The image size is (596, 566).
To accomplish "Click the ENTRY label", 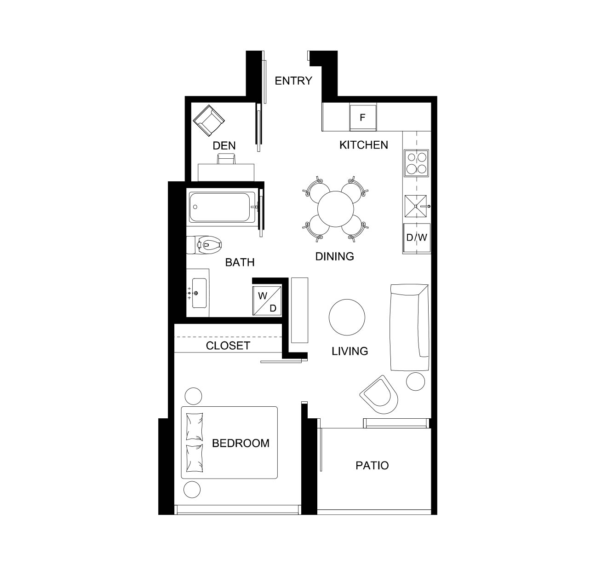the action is [x=293, y=81].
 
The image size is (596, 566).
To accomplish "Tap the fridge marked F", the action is [x=362, y=117].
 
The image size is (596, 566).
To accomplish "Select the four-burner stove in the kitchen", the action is [x=416, y=163].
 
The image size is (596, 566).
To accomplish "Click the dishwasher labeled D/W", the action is [x=417, y=237].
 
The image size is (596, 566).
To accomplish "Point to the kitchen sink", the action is [x=416, y=206].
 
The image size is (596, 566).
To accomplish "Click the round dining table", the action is [x=335, y=209].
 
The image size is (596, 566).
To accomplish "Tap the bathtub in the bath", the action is [x=222, y=207].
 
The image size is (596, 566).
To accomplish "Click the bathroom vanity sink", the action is [x=198, y=293].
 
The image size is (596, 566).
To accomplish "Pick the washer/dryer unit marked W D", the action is [x=267, y=300].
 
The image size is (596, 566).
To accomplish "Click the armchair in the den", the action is [x=209, y=121].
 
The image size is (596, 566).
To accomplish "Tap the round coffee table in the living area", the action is [x=347, y=317].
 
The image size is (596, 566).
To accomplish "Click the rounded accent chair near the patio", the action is [x=379, y=395].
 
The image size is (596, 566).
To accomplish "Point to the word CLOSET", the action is [x=228, y=346].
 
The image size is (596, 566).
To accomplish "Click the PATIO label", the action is [x=372, y=466].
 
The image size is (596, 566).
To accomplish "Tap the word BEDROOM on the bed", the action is [x=241, y=444].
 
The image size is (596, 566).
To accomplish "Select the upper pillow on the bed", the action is [x=195, y=427].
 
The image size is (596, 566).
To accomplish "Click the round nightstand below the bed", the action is [x=192, y=489].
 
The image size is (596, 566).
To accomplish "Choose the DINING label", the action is [x=335, y=257].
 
